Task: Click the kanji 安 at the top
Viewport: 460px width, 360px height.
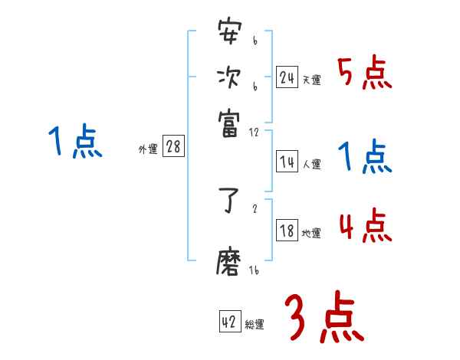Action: [x=229, y=34]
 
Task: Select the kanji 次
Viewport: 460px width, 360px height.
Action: [x=229, y=77]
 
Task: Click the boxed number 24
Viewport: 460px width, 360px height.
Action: [x=287, y=77]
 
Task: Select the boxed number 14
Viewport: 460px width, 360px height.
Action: [x=287, y=162]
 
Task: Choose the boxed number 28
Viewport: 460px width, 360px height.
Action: [x=173, y=147]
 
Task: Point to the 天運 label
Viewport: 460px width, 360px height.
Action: [x=311, y=80]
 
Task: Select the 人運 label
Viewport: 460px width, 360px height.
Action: [x=311, y=164]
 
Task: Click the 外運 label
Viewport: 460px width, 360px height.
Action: [x=147, y=149]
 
